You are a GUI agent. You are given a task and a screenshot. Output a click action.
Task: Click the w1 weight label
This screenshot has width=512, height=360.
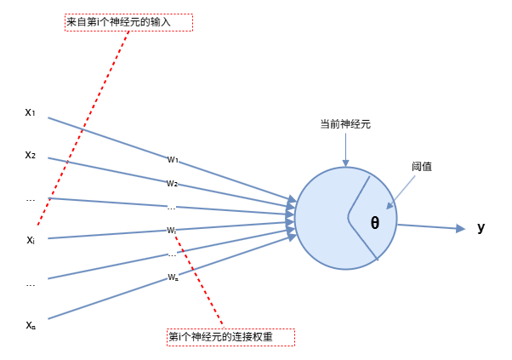pyautogui.click(x=173, y=159)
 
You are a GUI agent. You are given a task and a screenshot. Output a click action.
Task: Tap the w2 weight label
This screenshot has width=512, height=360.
pyautogui.click(x=173, y=183)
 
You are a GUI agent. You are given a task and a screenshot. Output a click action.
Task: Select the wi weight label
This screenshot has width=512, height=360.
pyautogui.click(x=172, y=230)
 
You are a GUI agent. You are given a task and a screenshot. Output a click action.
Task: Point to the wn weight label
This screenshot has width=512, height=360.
pyautogui.click(x=173, y=277)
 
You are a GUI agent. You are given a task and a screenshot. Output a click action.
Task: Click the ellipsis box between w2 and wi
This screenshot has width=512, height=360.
pyautogui.click(x=172, y=206)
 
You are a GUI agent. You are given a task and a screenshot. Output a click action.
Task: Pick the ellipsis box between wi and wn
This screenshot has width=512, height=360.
pyautogui.click(x=173, y=254)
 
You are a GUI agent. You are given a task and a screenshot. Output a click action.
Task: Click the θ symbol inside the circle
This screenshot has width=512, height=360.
pyautogui.click(x=375, y=223)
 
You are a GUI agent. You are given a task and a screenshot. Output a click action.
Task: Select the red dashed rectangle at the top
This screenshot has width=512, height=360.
pyautogui.click(x=128, y=23)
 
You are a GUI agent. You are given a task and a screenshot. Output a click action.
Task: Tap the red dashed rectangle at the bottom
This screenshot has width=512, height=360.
pyautogui.click(x=230, y=338)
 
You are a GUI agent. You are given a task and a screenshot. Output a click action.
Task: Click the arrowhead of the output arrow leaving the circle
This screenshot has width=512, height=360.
pyautogui.click(x=460, y=228)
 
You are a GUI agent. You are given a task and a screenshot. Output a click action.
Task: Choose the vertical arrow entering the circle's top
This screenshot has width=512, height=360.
pyautogui.click(x=345, y=150)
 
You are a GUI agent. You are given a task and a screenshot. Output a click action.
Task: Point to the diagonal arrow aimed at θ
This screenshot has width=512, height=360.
pyautogui.click(x=401, y=191)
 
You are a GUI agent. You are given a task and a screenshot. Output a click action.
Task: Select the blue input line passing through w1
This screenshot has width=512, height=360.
pyautogui.click(x=111, y=138)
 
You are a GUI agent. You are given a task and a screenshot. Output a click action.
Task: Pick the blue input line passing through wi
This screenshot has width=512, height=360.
pyautogui.click(x=111, y=234)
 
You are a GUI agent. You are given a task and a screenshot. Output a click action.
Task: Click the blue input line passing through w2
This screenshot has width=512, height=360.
pyautogui.click(x=111, y=170)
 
